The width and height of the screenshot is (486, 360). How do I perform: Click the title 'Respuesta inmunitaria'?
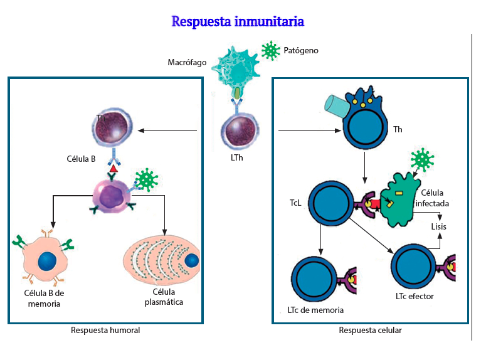pyautogui.click(x=238, y=22)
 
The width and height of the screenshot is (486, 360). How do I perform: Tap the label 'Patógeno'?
pyautogui.click(x=301, y=51)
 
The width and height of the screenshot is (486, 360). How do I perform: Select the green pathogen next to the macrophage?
pyautogui.click(x=270, y=51)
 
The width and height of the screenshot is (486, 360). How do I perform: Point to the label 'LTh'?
pyautogui.click(x=237, y=158)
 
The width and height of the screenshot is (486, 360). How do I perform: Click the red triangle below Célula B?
pyautogui.click(x=114, y=169)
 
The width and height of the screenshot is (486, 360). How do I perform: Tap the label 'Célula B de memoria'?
pyautogui.click(x=44, y=299)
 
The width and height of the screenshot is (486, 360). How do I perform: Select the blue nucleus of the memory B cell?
pyautogui.click(x=47, y=262)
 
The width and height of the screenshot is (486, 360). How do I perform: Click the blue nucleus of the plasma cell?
pyautogui.click(x=191, y=260)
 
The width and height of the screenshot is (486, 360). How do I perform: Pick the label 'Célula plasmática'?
pyautogui.click(x=164, y=297)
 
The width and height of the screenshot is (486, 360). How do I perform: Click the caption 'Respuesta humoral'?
pyautogui.click(x=105, y=331)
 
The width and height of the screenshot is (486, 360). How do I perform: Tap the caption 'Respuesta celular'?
pyautogui.click(x=370, y=331)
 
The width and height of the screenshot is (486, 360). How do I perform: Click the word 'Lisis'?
pyautogui.click(x=438, y=226)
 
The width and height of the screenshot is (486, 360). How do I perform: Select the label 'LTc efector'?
pyautogui.click(x=415, y=297)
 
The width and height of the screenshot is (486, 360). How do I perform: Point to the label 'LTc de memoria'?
pyautogui.click(x=315, y=310)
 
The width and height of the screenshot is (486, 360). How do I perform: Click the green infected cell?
pyautogui.click(x=398, y=200)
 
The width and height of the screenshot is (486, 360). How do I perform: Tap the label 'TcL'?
pyautogui.click(x=295, y=203)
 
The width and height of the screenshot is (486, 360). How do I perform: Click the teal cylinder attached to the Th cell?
pyautogui.click(x=336, y=107)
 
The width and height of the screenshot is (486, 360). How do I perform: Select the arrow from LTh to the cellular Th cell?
pyautogui.click(x=310, y=131)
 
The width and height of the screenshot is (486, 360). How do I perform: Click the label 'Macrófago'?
pyautogui.click(x=187, y=63)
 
